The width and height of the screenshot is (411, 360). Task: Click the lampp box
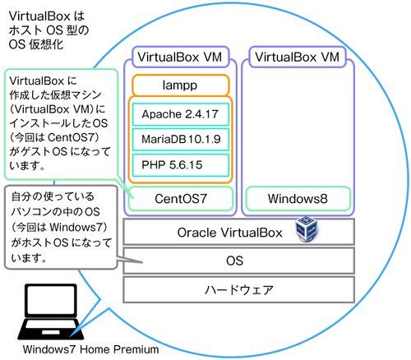[x=181, y=85]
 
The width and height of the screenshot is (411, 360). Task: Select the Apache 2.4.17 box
[x=181, y=114]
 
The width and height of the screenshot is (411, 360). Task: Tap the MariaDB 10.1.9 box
[x=181, y=140]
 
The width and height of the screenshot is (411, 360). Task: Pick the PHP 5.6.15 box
[x=181, y=165]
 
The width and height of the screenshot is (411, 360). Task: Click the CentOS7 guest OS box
[x=181, y=199]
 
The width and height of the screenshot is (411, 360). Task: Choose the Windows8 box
[x=298, y=199]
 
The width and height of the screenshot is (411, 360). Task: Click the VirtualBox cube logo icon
[x=307, y=228]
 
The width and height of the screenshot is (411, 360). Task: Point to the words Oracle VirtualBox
[x=229, y=233]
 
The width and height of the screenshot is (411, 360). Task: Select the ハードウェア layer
[x=238, y=289]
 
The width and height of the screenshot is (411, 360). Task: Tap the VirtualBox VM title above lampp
[x=180, y=57]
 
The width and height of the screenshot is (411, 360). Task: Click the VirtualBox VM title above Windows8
[x=298, y=57]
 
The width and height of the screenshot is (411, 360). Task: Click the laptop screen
[x=51, y=301]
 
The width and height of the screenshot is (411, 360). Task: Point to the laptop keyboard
[x=51, y=330]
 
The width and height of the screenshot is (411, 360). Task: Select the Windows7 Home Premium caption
[x=90, y=349]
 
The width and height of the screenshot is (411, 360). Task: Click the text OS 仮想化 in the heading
[x=36, y=44]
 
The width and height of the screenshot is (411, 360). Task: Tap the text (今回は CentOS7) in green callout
[x=54, y=137]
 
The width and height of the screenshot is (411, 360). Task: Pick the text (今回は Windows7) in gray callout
[x=59, y=227]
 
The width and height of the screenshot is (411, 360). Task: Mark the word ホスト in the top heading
[x=25, y=30]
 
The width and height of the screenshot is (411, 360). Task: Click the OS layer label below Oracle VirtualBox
[x=235, y=261]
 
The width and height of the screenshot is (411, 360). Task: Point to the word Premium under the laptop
[x=136, y=349]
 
